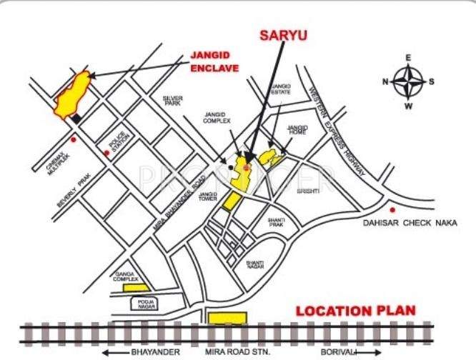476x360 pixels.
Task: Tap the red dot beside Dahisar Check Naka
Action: [392, 210]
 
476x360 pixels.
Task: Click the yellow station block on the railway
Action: [228, 317]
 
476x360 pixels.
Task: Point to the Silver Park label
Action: [173, 101]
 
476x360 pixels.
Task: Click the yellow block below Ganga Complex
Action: [136, 287]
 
